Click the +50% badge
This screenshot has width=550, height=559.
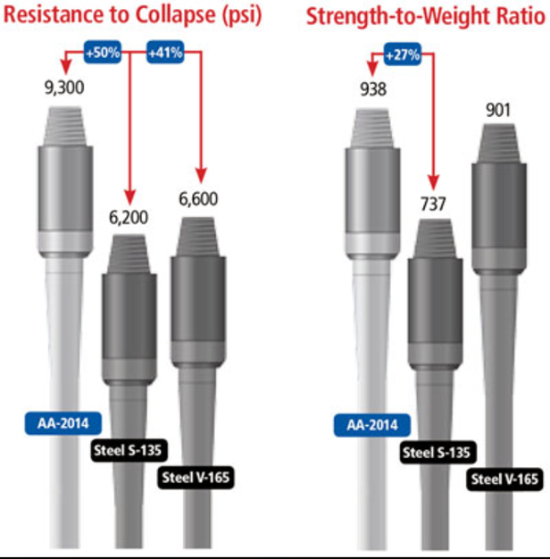point(103,53)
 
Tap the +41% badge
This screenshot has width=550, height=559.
point(165,53)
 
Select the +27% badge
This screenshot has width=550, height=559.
point(403,54)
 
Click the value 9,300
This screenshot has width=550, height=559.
point(64,88)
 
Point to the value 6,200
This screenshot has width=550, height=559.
point(129,218)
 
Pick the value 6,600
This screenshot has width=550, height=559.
point(198,199)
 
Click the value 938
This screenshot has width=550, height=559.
point(373,89)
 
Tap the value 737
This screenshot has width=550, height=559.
point(433,204)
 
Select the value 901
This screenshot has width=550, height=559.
point(498,110)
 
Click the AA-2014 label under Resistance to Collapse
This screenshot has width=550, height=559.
point(63,423)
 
